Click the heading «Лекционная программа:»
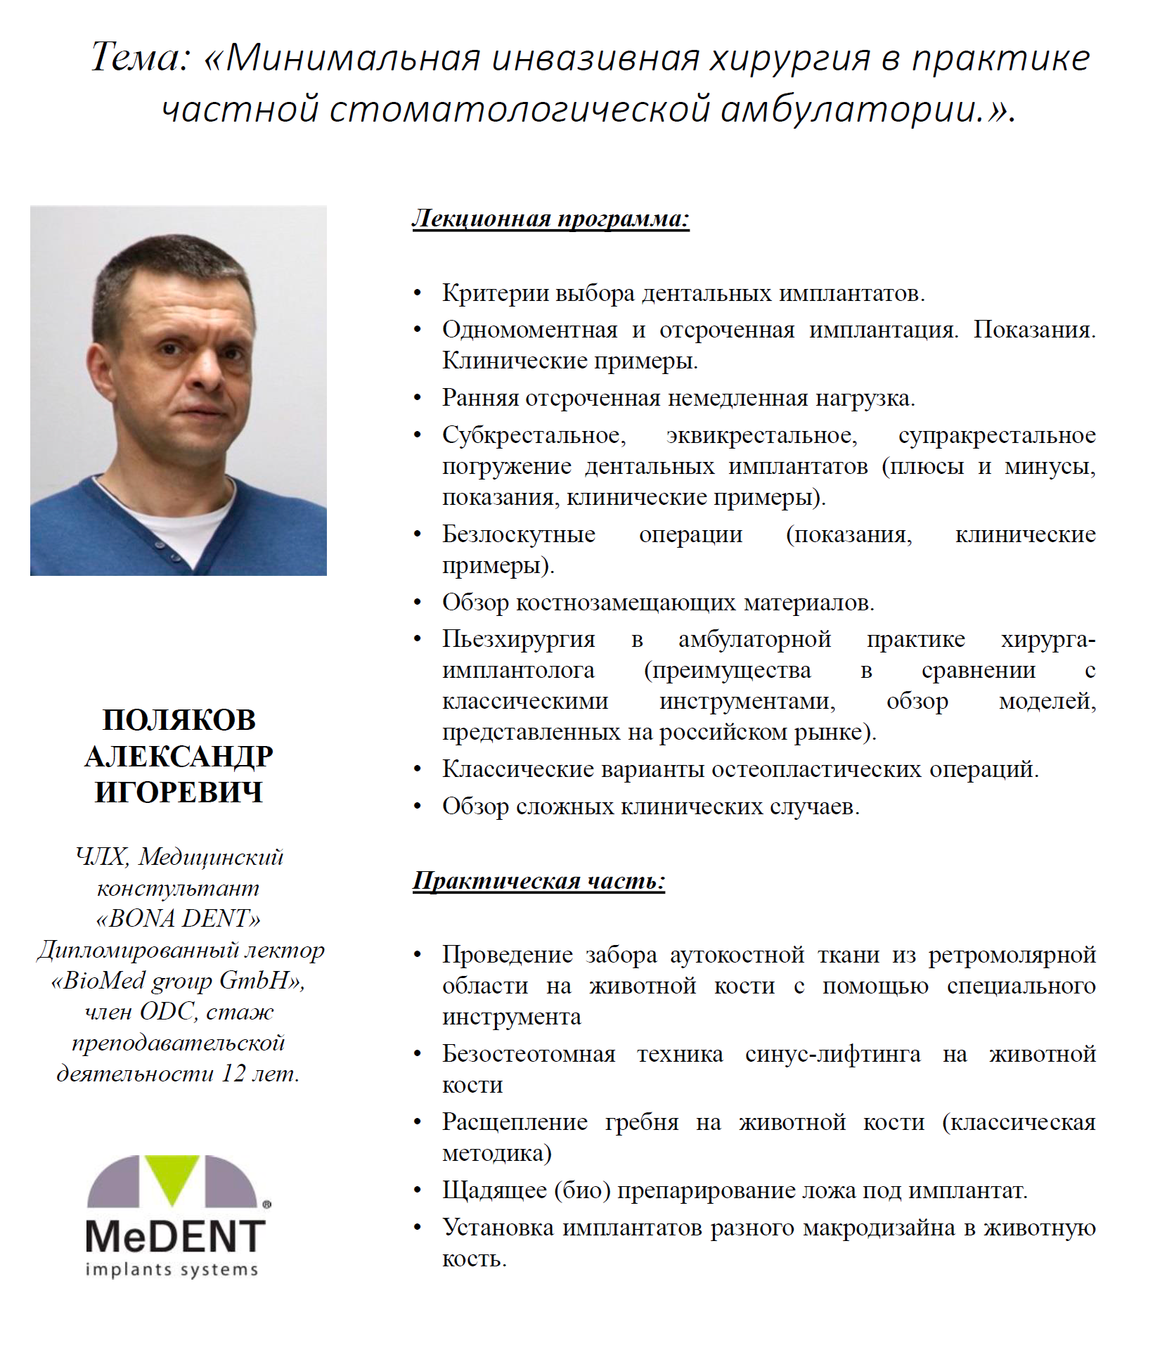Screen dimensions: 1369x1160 (550, 219)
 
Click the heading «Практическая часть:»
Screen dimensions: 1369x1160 (539, 881)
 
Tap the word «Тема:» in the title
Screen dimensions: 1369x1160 (141, 57)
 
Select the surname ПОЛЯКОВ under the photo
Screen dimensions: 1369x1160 (179, 720)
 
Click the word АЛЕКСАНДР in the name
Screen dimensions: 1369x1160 (179, 757)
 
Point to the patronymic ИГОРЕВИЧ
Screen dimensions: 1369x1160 (179, 792)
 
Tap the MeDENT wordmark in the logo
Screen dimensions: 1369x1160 (175, 1236)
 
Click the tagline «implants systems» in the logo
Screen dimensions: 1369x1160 (172, 1270)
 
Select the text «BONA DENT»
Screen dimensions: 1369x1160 (178, 918)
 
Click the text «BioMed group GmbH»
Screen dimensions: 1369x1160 (175, 980)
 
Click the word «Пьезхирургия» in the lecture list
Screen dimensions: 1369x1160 (519, 638)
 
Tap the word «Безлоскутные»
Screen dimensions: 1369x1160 (519, 534)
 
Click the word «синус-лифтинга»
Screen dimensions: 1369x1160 (832, 1054)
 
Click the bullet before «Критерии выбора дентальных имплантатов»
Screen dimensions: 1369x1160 (418, 293)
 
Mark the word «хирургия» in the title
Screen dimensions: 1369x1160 (790, 57)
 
